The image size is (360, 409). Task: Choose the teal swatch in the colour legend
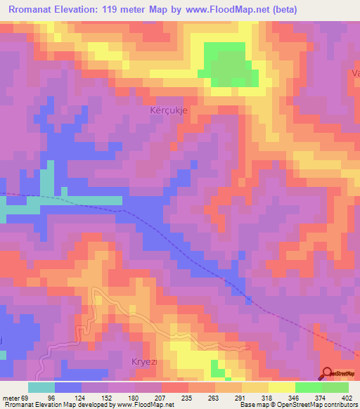click(x=41, y=387)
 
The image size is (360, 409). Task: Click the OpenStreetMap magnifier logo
click(x=327, y=373)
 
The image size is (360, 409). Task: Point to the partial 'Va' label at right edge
click(x=355, y=73)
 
